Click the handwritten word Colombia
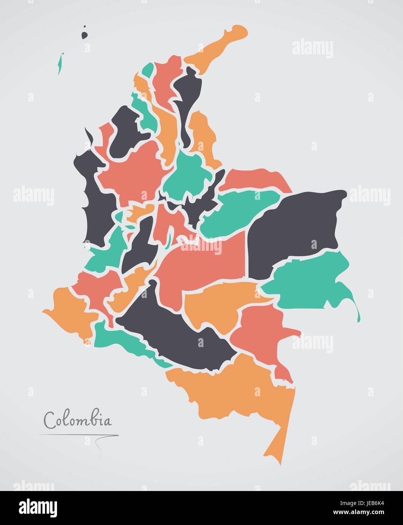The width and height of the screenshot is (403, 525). click(x=78, y=419)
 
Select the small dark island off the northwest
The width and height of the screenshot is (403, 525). click(x=84, y=35)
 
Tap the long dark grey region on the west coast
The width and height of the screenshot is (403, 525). click(x=94, y=204)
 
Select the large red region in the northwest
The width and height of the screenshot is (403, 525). click(x=132, y=170)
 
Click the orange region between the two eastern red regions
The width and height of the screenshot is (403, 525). click(x=219, y=302)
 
